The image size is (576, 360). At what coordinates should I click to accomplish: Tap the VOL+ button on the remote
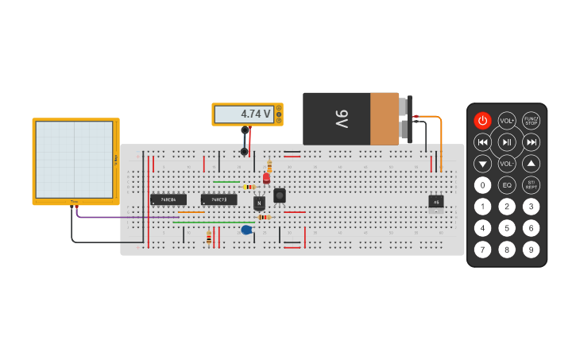(x=507, y=121)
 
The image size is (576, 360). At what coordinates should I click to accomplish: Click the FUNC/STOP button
(x=531, y=121)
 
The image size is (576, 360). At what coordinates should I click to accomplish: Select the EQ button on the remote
(x=507, y=185)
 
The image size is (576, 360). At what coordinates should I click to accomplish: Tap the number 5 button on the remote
(x=507, y=228)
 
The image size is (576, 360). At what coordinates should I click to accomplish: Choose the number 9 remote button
(x=531, y=250)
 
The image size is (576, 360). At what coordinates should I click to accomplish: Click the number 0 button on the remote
(x=482, y=185)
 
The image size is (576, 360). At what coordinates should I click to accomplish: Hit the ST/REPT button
(x=531, y=185)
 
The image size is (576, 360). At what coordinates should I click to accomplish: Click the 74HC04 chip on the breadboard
(x=168, y=199)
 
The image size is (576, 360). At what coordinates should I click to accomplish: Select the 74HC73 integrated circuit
(x=218, y=199)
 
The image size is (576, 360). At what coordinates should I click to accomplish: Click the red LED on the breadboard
(x=266, y=179)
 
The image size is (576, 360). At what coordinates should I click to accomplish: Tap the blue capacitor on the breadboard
(x=246, y=230)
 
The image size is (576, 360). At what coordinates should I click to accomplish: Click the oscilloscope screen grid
(x=74, y=159)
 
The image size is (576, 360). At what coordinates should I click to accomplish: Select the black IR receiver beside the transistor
(x=279, y=195)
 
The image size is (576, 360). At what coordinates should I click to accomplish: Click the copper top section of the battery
(x=385, y=119)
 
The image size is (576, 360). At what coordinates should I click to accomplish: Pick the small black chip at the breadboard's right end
(x=436, y=202)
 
